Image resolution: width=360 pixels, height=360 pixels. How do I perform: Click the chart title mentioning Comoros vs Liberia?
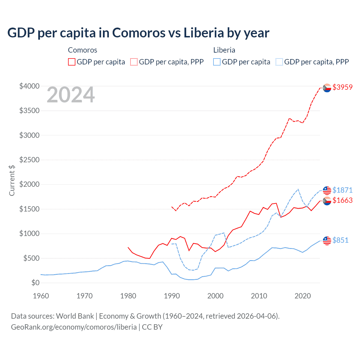[x=138, y=33]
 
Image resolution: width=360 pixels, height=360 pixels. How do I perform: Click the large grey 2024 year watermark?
[x=71, y=95]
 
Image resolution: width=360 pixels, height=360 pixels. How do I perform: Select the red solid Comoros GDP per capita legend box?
[x=72, y=62]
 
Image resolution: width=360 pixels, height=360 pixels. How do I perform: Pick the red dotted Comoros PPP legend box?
[x=134, y=62]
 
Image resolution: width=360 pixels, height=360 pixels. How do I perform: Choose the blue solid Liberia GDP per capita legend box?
[x=217, y=62]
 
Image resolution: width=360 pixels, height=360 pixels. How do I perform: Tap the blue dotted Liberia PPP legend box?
[x=279, y=62]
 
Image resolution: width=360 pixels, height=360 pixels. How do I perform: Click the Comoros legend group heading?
[x=82, y=50]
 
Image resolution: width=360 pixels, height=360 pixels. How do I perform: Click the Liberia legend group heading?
[x=224, y=50]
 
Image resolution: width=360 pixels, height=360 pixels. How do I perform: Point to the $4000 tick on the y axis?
[x=29, y=86]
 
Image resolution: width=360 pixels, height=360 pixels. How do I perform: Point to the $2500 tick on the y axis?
[x=29, y=160]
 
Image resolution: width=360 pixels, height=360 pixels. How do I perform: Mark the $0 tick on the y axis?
[x=35, y=283]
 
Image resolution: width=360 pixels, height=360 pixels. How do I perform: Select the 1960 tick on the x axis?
[x=41, y=296]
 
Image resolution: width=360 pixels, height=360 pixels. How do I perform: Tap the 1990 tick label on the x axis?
[x=172, y=296]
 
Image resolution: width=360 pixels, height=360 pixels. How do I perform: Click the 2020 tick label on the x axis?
[x=302, y=296]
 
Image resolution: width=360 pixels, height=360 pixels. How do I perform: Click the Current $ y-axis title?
[x=12, y=180]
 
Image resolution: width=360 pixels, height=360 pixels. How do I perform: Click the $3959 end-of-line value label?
[x=342, y=87]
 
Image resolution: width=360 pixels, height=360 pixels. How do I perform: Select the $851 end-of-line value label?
[x=340, y=240]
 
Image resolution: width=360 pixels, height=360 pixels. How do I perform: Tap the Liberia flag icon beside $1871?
[x=327, y=190]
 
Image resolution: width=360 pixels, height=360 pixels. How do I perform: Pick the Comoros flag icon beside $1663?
[x=327, y=201]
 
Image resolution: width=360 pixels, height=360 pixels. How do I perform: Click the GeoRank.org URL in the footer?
[x=74, y=327]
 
